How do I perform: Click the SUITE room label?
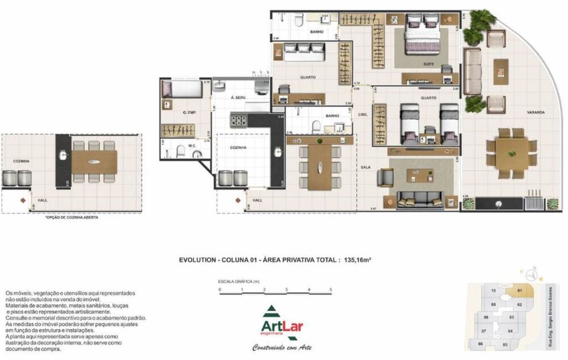pos(429,64)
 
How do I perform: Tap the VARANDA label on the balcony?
pos(535,112)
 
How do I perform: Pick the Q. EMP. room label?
pos(189,112)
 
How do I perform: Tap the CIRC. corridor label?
pos(364,115)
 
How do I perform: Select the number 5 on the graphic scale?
pos(331,290)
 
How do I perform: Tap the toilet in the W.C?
pos(166,153)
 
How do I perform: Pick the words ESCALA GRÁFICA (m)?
pos(239,282)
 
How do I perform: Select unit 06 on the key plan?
pos(481,344)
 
